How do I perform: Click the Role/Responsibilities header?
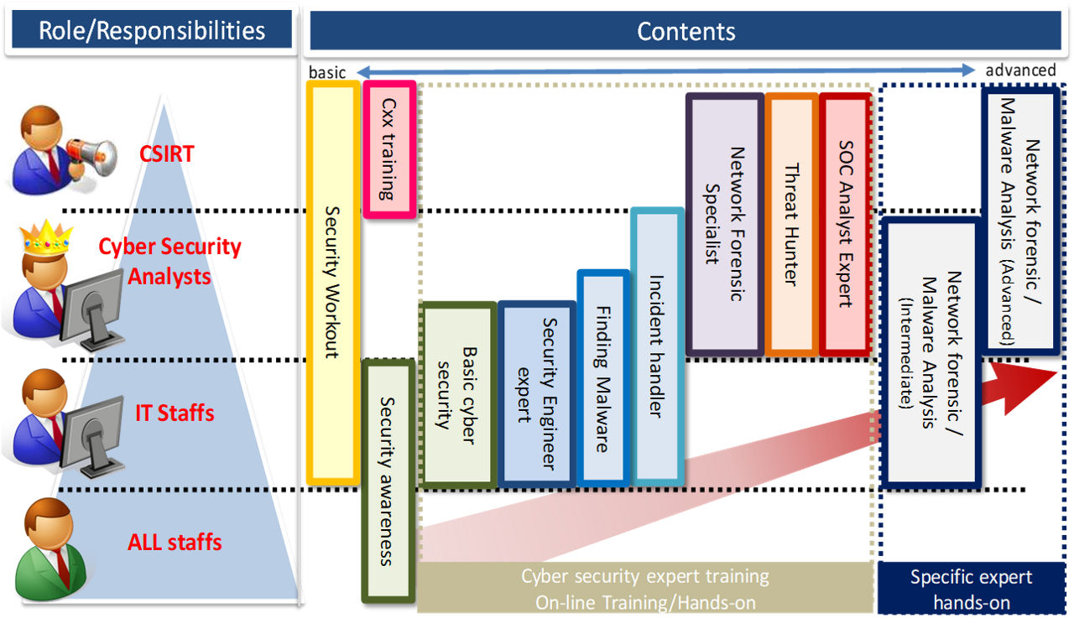point(152,31)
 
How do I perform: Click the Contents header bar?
point(686,31)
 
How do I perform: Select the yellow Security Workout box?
point(333,282)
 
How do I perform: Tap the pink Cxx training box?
point(390,149)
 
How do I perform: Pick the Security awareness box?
point(388,481)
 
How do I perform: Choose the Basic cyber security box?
point(458,395)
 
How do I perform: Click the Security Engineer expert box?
point(536,393)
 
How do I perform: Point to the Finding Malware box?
point(602,377)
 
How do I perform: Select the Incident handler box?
point(657,346)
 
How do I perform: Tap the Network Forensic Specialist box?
point(724,223)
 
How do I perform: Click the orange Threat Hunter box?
point(790,223)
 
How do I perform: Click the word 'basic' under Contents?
point(327,72)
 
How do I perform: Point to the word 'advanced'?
point(1020,70)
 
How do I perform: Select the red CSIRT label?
point(166,153)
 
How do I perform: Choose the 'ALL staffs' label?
point(175,542)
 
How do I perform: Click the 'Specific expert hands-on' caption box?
point(971,589)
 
